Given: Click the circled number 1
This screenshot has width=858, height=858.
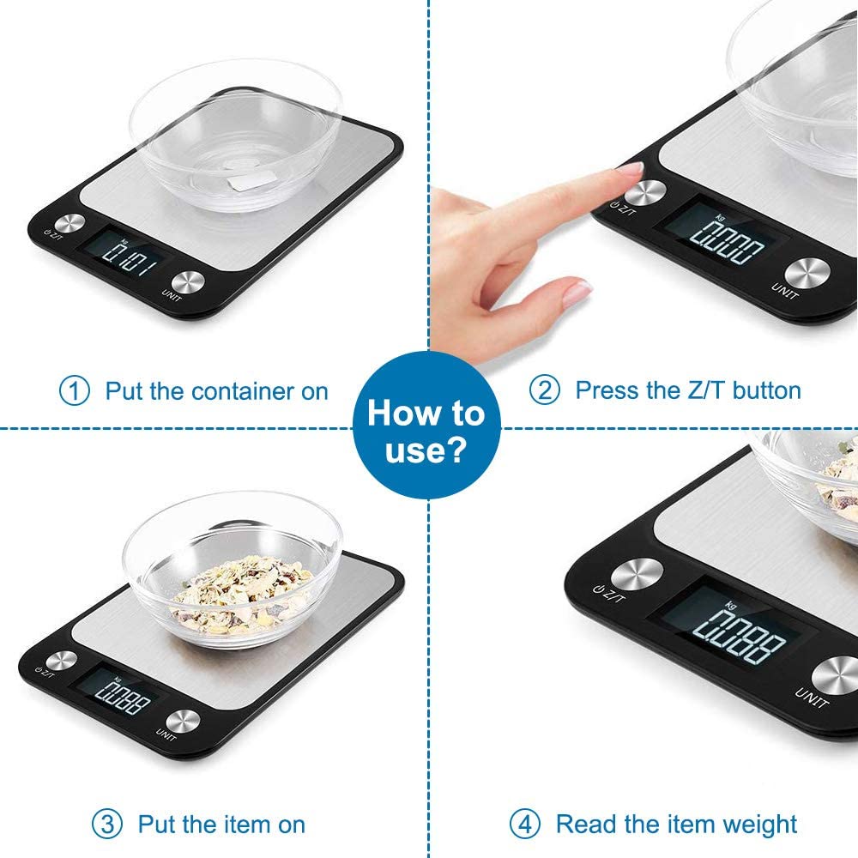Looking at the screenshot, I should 74,391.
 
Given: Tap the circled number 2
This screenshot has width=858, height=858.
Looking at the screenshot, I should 544,390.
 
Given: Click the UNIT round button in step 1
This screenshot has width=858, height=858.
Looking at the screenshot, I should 188,282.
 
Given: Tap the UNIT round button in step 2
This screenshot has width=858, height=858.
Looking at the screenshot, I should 807,273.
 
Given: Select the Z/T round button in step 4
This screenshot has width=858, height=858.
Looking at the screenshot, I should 636,573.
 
